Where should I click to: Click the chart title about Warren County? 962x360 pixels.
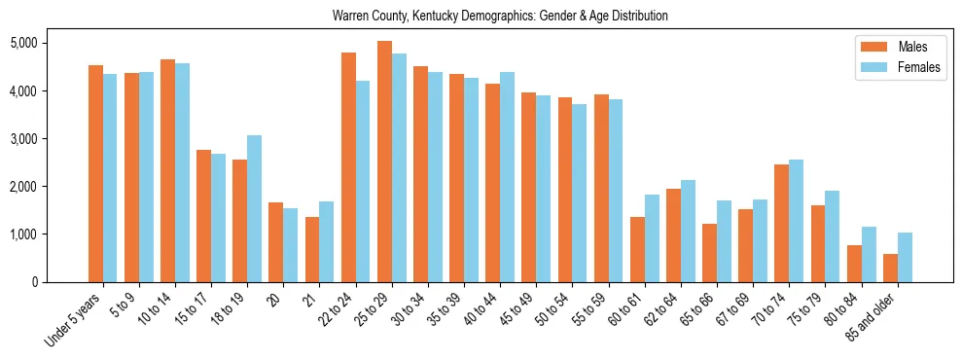499,17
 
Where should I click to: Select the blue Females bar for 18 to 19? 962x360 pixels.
254,208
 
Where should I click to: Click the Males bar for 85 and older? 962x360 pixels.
890,268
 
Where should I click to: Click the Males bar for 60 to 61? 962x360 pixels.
637,249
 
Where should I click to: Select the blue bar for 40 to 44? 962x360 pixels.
507,177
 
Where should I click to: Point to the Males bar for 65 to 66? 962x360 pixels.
709,253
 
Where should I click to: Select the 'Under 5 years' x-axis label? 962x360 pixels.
72,320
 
